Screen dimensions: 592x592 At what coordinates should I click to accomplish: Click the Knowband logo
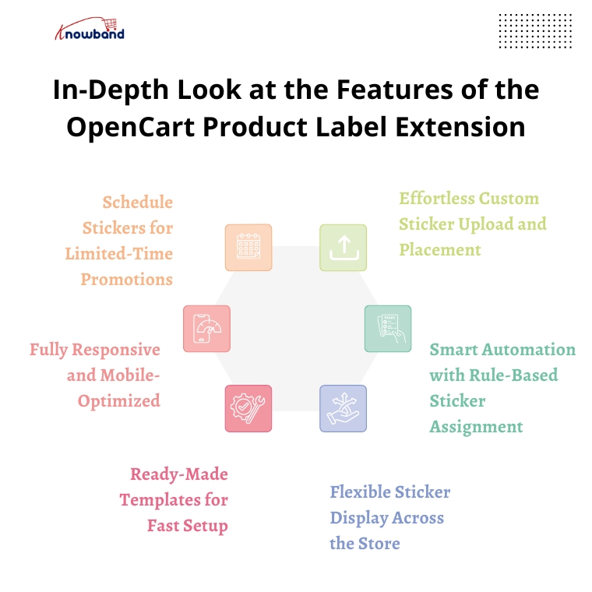coord(90,29)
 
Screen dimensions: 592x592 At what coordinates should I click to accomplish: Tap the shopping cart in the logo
coord(111,24)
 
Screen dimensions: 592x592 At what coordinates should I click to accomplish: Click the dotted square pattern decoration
coord(535,31)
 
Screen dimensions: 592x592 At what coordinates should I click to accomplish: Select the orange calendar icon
coord(248,247)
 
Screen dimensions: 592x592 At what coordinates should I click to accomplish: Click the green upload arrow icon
coord(344,247)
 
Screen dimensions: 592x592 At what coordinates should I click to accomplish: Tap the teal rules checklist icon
coord(388,329)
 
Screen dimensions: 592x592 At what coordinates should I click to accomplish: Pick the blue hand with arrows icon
coord(344,408)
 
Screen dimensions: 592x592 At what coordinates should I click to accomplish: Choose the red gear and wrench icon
coord(248,408)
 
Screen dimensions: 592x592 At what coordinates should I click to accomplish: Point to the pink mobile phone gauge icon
coord(207,329)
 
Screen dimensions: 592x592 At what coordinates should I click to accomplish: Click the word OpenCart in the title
coord(131,127)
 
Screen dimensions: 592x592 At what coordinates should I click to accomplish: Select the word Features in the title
coord(395,90)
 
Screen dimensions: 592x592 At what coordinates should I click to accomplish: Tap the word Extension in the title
coord(460,127)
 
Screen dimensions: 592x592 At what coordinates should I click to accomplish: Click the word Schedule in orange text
coord(138,203)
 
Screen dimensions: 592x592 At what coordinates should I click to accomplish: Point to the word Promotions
coord(127,280)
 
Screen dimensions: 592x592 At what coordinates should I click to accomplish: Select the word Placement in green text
coord(440,249)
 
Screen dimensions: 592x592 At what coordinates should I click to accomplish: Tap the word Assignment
coord(476,427)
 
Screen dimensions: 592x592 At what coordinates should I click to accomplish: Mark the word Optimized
coord(119,401)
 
